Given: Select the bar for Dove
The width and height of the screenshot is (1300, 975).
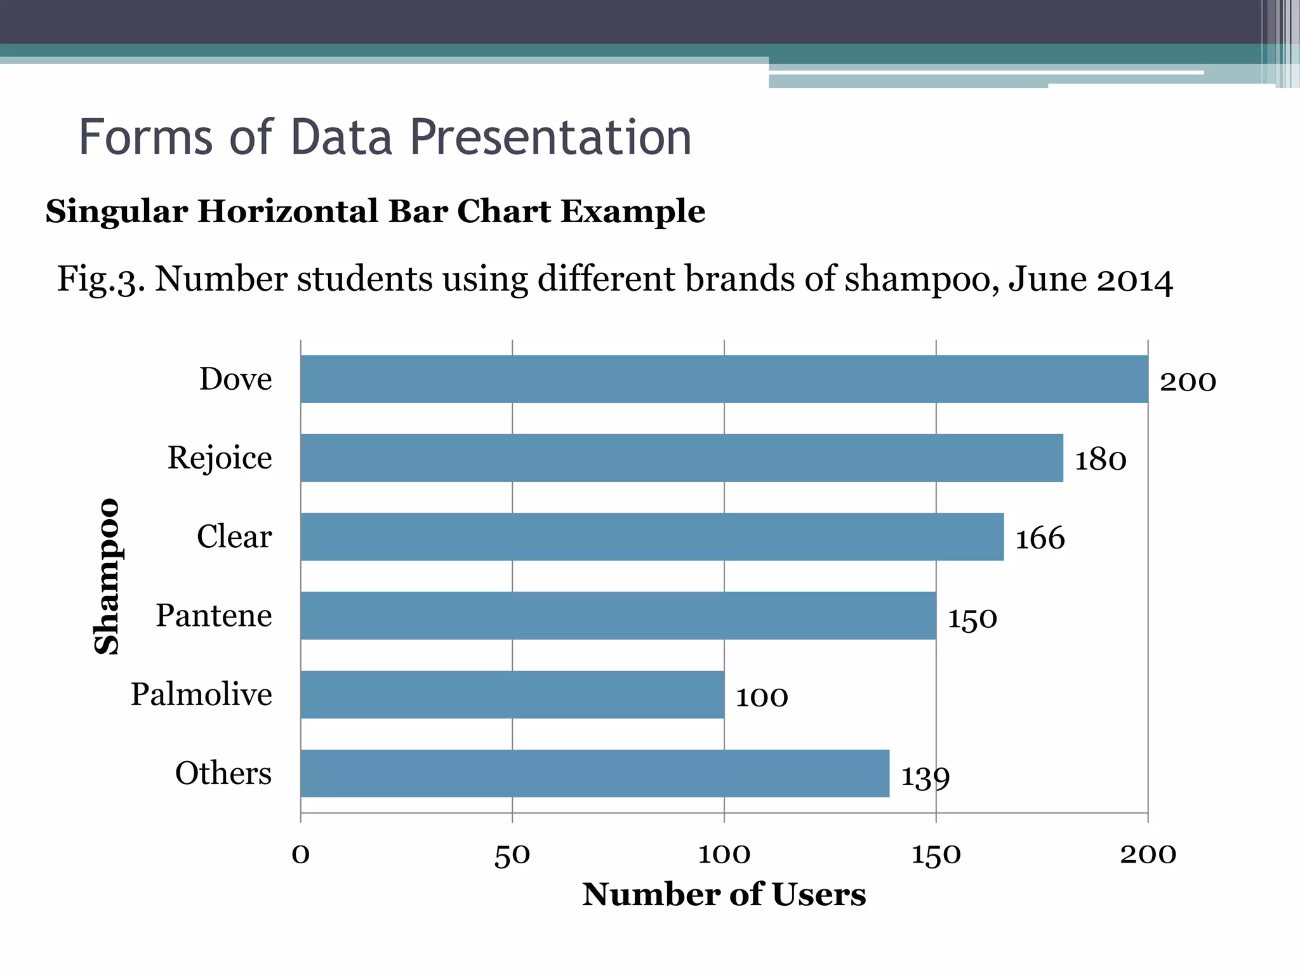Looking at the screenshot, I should coord(724,379).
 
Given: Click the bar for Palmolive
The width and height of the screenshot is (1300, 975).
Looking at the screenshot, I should coord(512,694).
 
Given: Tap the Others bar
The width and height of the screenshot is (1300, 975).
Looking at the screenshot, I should coord(594,773).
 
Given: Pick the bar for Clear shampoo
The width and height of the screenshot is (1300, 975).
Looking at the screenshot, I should coord(652,537).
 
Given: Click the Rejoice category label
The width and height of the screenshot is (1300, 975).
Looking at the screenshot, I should coord(220,458).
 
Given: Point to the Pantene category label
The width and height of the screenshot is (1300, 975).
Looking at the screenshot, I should coord(214,616).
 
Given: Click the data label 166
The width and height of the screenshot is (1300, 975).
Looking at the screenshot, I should coord(1040,539).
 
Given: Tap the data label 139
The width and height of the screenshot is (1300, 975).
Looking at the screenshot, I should coord(925,777).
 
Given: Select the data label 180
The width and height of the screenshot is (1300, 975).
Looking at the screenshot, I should coord(1100,460).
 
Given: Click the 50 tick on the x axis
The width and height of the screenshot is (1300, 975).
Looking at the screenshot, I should coord(512,855).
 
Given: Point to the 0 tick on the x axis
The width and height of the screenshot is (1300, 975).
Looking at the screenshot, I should coord(300,855).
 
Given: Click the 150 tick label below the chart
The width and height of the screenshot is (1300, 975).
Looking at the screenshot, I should coord(935,855).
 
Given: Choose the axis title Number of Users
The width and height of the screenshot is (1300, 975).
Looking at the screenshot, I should coord(724,894).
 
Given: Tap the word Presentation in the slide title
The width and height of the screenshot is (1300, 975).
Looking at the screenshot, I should coord(550,137).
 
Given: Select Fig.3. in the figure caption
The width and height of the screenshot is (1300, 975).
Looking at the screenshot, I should coord(101,279).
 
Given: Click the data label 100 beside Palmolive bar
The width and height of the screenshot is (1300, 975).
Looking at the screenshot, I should coord(761,698).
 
